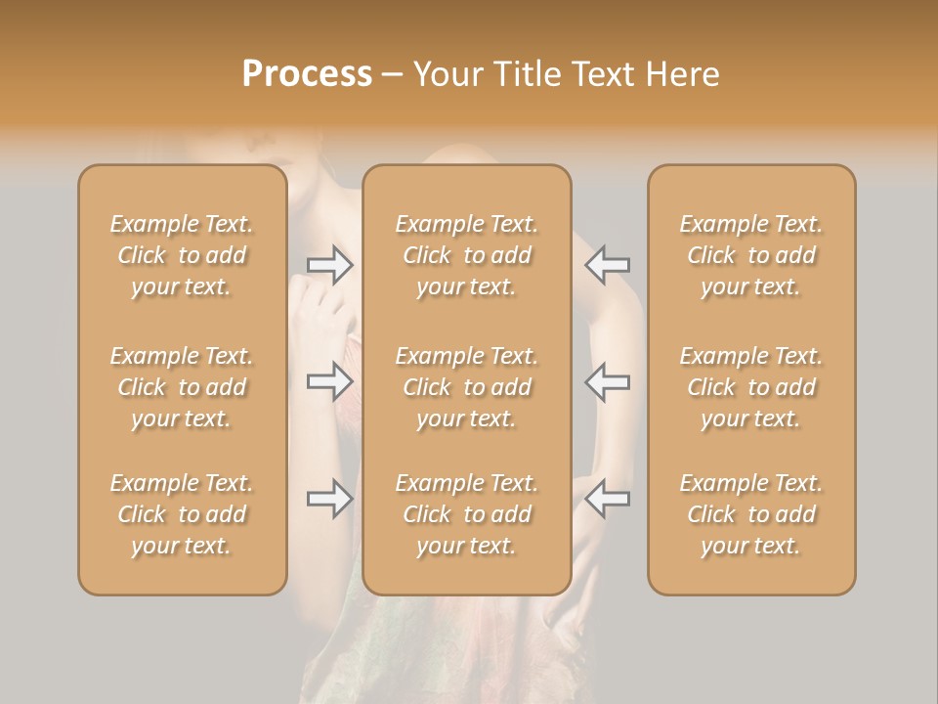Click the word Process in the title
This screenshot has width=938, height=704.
pyautogui.click(x=307, y=74)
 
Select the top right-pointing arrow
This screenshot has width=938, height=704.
pyautogui.click(x=330, y=265)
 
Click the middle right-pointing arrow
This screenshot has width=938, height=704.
pyautogui.click(x=330, y=381)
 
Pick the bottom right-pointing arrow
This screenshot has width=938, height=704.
pyautogui.click(x=330, y=499)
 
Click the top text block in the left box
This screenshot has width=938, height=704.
pyautogui.click(x=182, y=255)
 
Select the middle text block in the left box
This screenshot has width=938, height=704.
pyautogui.click(x=182, y=387)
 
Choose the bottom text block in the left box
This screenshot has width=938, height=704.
pyautogui.click(x=182, y=514)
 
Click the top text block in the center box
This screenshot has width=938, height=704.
pyautogui.click(x=467, y=255)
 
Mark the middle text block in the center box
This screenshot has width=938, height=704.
pyautogui.click(x=467, y=387)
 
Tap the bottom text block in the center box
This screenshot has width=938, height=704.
pyautogui.click(x=467, y=514)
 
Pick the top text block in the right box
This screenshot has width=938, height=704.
pyautogui.click(x=751, y=255)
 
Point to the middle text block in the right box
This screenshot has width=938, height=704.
pyautogui.click(x=751, y=387)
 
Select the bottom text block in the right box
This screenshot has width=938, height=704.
pyautogui.click(x=751, y=514)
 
